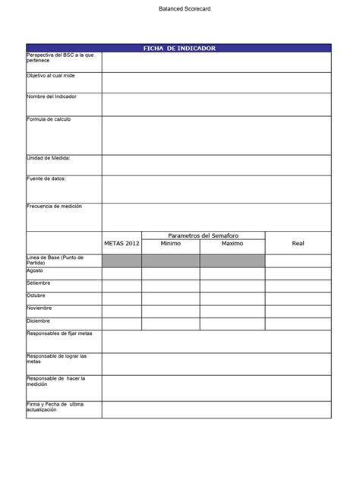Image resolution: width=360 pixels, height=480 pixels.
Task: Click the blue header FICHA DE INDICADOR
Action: coord(179,48)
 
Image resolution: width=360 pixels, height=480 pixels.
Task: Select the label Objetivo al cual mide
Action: coord(51,76)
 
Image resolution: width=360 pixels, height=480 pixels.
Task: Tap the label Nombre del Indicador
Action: coord(52,96)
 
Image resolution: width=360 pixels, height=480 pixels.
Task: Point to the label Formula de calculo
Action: coord(49,119)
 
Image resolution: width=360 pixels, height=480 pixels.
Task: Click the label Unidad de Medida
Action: coord(49,158)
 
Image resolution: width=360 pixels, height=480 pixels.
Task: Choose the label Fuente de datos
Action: coord(46,178)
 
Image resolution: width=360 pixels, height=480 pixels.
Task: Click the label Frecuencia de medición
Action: coord(54,207)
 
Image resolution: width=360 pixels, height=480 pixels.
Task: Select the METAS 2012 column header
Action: coord(122,243)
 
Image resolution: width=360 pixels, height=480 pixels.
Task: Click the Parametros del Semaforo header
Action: coord(203,235)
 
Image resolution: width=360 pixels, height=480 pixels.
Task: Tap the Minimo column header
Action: coord(171,244)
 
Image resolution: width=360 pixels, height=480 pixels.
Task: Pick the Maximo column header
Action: coord(232,244)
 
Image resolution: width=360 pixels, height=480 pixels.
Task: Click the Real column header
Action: coord(298,243)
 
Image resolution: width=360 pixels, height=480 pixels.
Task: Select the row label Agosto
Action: coord(35,270)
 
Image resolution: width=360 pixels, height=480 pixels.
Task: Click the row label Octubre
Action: coord(36,295)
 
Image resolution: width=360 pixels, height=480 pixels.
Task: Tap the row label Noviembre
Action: coord(39,308)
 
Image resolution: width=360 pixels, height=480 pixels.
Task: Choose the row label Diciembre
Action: coord(39,321)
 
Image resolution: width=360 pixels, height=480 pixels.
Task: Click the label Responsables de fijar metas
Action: coord(59,333)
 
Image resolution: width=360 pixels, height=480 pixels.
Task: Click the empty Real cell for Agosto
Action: coord(298,273)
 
